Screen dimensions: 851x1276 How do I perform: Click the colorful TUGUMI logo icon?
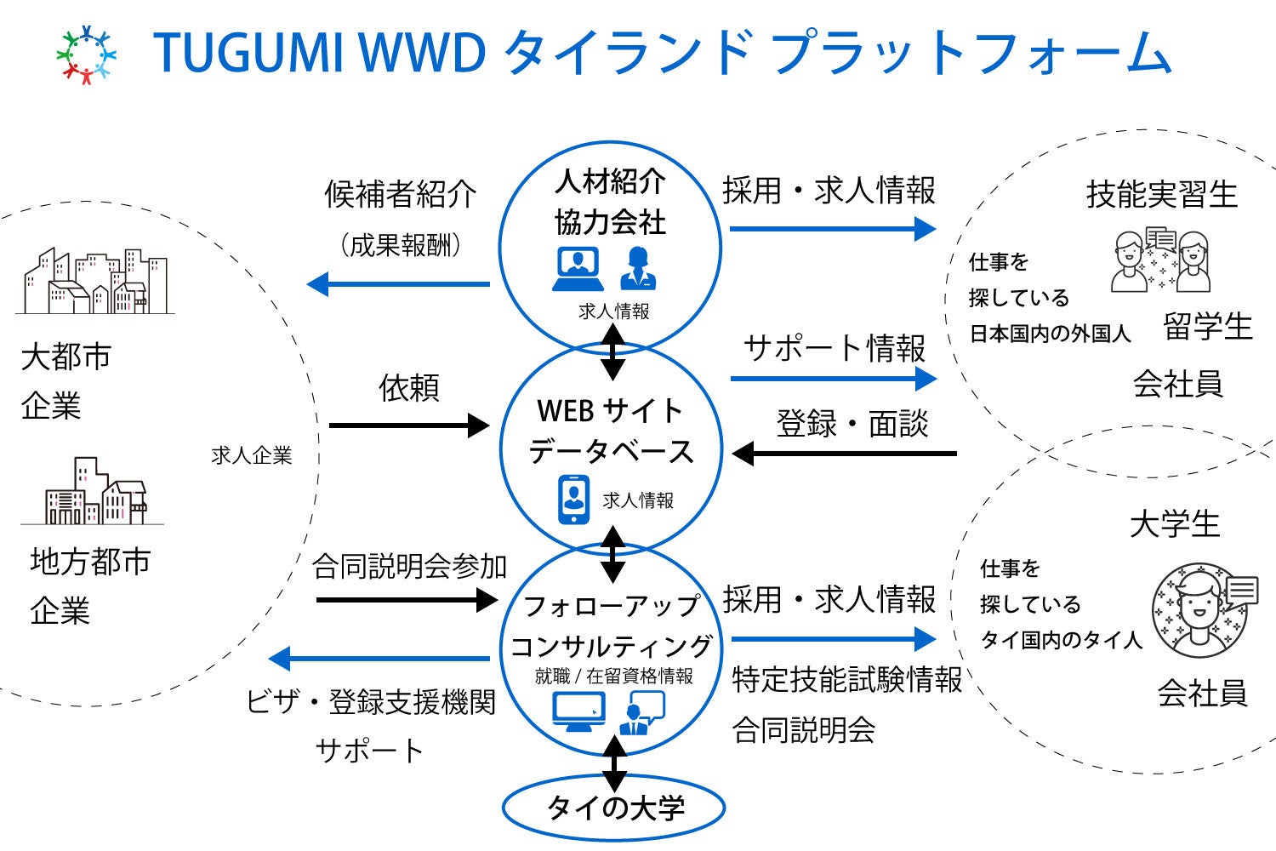click(86, 55)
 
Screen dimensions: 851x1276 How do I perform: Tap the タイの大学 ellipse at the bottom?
click(613, 807)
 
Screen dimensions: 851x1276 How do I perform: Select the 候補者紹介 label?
click(400, 195)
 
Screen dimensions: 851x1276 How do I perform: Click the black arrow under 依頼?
click(408, 425)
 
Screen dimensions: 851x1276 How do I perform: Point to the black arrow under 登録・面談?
click(844, 454)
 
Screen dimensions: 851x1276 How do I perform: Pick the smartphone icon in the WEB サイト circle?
click(574, 500)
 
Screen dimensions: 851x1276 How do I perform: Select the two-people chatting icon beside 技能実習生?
click(1161, 260)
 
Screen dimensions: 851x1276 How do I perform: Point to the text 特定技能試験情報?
click(847, 680)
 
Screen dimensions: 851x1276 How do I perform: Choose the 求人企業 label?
click(252, 456)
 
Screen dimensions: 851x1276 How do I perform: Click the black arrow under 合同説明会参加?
click(406, 600)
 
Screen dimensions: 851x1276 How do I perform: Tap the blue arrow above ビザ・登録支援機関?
click(379, 659)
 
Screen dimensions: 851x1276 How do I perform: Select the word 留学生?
click(1208, 327)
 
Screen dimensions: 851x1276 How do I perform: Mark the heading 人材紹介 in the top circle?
click(610, 181)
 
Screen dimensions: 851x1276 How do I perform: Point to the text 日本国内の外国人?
click(1051, 334)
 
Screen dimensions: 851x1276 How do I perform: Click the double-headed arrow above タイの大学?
click(613, 763)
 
